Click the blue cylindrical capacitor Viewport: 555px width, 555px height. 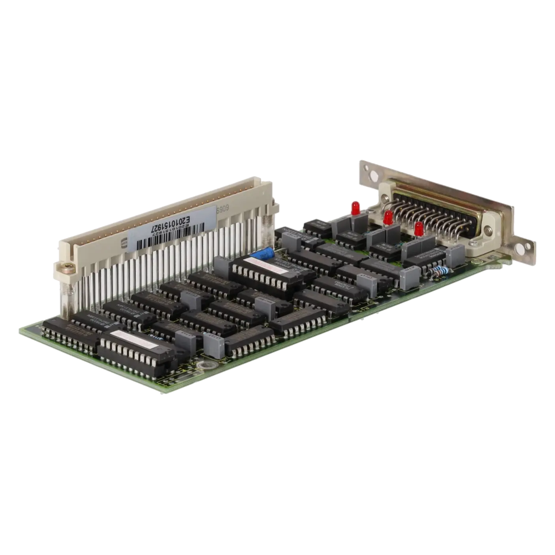click(x=263, y=253)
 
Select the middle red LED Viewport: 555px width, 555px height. click(x=388, y=216)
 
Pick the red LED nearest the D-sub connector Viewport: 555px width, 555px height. click(x=419, y=228)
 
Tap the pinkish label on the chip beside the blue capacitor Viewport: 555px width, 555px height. click(x=259, y=264)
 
